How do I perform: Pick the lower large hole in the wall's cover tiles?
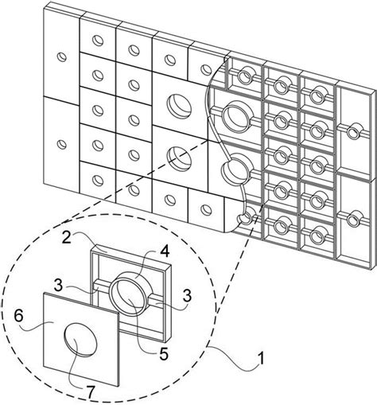coord(176,156)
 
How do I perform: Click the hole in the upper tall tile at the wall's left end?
coord(60,58)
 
